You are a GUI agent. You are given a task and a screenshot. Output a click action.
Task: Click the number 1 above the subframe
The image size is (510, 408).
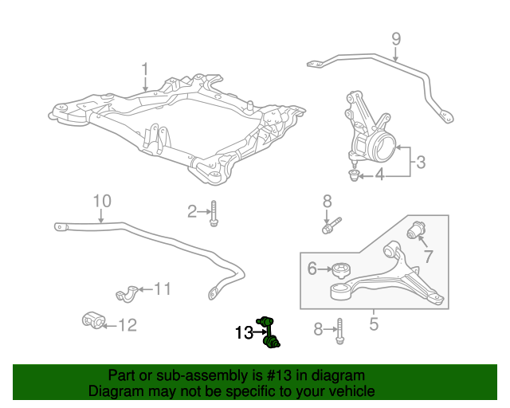(145, 70)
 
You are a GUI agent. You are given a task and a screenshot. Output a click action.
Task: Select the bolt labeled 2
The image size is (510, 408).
(214, 214)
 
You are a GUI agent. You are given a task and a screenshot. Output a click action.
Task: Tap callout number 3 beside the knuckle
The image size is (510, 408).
(421, 162)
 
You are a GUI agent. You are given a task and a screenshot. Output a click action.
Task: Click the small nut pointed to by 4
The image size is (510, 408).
(354, 175)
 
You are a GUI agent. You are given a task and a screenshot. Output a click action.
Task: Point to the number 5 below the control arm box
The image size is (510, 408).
(374, 324)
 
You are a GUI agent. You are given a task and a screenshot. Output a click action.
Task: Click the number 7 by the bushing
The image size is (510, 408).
(429, 257)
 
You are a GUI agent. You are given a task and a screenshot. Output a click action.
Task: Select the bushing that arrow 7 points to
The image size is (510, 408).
(416, 229)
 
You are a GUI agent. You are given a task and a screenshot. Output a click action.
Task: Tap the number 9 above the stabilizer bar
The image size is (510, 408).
(396, 39)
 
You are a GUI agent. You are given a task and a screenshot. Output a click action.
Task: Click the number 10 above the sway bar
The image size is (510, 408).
(102, 201)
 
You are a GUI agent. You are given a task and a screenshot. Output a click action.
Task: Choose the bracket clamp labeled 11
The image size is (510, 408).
(127, 294)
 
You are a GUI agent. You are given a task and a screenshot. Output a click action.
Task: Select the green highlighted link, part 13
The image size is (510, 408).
(269, 332)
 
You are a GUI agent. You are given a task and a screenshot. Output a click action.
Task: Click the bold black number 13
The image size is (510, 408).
(244, 333)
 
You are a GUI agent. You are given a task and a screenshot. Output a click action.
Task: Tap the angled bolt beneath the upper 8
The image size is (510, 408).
(331, 226)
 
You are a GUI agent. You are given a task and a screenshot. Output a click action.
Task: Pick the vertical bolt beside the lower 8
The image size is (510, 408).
(339, 331)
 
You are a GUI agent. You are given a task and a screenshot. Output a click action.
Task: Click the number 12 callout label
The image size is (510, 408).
(127, 325)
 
